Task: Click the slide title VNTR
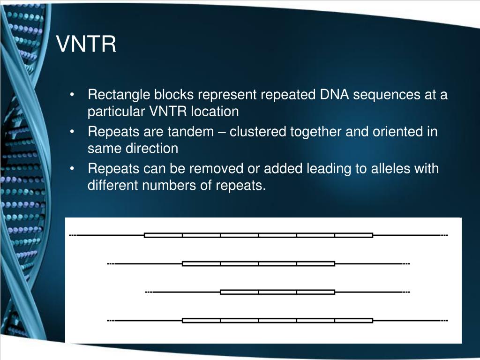click(86, 45)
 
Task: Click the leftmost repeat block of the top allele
click(163, 235)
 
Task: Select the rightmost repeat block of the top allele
click(353, 235)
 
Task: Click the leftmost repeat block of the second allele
click(201, 263)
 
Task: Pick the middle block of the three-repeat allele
click(277, 292)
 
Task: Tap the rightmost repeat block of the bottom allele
click(353, 321)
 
